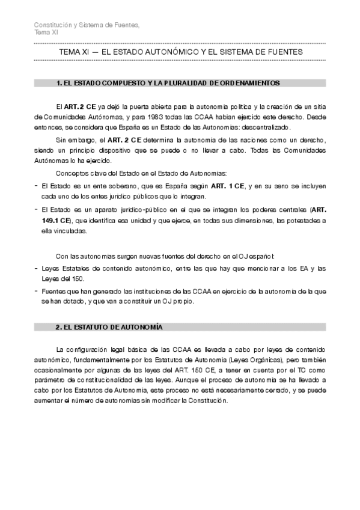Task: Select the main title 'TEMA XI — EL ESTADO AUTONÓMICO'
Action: pos(180,53)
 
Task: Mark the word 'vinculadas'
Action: pos(71,230)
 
